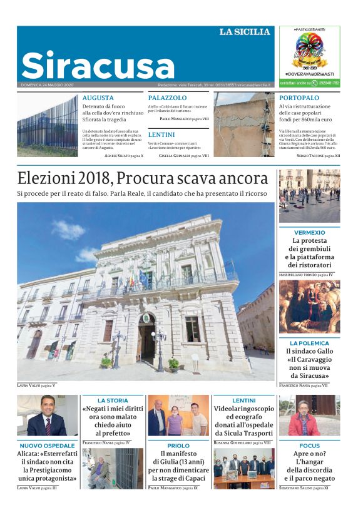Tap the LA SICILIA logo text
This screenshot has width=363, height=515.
click(x=245, y=32)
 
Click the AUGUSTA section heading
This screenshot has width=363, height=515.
click(x=98, y=98)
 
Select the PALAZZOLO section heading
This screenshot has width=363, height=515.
click(x=167, y=98)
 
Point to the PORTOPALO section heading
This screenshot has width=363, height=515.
click(x=299, y=98)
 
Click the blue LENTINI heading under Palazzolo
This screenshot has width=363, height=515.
click(x=161, y=135)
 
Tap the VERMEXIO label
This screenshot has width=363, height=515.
click(x=309, y=232)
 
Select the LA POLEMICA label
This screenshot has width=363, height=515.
click(x=309, y=343)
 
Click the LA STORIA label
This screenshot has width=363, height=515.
click(x=113, y=400)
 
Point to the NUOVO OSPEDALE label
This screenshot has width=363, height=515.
click(x=47, y=446)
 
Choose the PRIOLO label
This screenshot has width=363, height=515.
click(x=178, y=446)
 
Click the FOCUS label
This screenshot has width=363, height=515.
click(x=309, y=446)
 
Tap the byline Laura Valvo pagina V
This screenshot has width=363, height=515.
click(x=36, y=385)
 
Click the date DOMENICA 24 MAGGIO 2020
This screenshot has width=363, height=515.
click(x=47, y=84)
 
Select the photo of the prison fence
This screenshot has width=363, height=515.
click(x=48, y=125)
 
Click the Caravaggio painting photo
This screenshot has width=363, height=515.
click(x=309, y=307)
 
